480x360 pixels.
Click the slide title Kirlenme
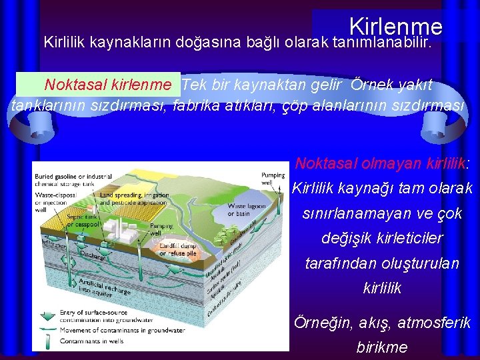tap(395, 27)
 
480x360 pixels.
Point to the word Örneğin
tap(323, 323)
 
